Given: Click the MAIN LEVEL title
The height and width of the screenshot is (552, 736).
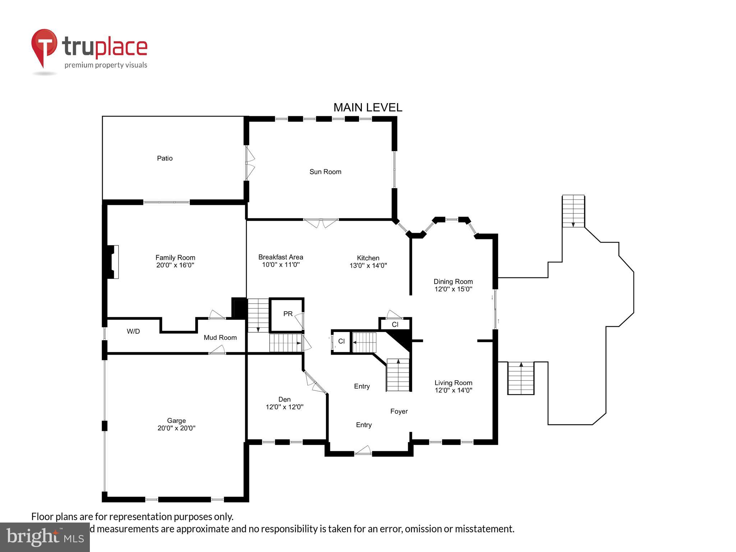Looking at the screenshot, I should (368, 107).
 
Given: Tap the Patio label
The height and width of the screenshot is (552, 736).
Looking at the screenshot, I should (165, 158).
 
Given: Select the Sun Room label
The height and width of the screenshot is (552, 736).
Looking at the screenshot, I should (325, 172).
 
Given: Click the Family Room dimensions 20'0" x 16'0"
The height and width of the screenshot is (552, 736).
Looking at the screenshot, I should (175, 265).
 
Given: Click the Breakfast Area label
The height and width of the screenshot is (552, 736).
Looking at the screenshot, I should (281, 257).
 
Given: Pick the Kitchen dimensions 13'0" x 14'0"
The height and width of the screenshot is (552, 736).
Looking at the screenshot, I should (368, 266).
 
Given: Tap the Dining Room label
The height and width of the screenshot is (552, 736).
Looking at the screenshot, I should (453, 281).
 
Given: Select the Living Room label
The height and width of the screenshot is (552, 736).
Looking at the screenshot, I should (453, 383).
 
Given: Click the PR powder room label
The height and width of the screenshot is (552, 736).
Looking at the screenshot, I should (288, 314).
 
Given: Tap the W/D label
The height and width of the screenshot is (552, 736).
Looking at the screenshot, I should (133, 331).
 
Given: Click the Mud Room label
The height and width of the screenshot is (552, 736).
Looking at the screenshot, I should (220, 337).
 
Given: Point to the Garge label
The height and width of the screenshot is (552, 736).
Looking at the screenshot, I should (176, 420).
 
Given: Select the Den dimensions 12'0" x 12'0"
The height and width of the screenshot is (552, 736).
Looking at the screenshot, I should (284, 407).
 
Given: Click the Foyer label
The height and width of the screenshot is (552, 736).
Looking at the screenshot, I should (399, 411).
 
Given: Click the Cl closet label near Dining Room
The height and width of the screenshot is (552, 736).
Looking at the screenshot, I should (395, 325).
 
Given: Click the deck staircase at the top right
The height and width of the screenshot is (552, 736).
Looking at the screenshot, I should (573, 211).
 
